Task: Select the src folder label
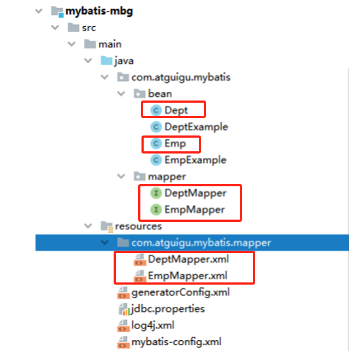click(x=88, y=27)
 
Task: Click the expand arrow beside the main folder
click(x=71, y=44)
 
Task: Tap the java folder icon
click(x=105, y=61)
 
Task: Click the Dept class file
click(x=176, y=110)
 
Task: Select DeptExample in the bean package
click(x=196, y=127)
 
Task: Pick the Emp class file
click(x=175, y=144)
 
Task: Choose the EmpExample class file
click(x=195, y=160)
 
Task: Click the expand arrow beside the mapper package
click(x=121, y=177)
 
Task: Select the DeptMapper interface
click(x=194, y=193)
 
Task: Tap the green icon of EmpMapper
click(x=156, y=210)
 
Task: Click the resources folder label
click(x=138, y=226)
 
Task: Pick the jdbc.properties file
click(x=168, y=309)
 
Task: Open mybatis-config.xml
click(x=176, y=342)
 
